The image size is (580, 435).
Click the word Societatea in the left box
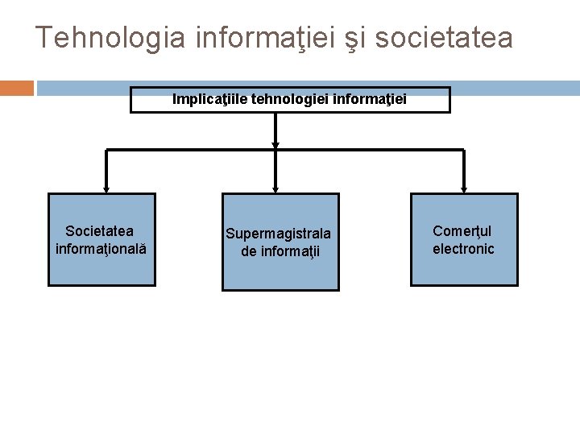[x=101, y=231]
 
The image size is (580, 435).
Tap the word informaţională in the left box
[x=101, y=246]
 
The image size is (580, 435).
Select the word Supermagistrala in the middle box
[x=277, y=234]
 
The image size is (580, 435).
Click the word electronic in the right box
[x=463, y=248]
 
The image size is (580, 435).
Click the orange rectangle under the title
[x=17, y=87]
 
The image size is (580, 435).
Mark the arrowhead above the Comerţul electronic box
[x=465, y=188]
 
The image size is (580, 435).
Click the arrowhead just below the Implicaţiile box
[x=275, y=146]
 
